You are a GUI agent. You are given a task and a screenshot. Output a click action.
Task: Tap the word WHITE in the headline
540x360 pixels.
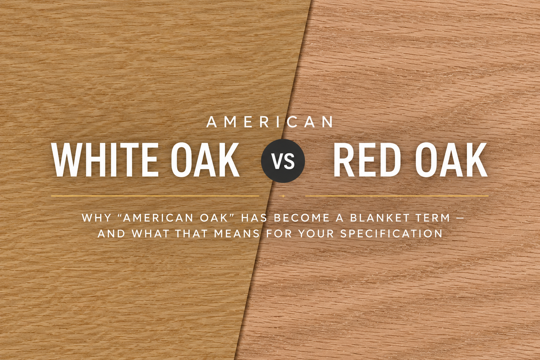pos(105,160)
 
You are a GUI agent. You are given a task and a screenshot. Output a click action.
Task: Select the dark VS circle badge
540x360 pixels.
pos(283,161)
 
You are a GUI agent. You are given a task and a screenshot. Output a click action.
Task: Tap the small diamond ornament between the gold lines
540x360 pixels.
pos(283,196)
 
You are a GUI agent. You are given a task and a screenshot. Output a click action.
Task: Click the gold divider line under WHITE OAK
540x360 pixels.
pos(155,196)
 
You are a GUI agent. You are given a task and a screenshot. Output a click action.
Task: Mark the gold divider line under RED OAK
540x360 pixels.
pos(397,196)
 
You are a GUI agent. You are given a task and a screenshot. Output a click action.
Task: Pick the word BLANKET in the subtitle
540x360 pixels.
pos(378,218)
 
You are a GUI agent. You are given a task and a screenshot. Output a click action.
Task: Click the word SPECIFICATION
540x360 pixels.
pos(391,234)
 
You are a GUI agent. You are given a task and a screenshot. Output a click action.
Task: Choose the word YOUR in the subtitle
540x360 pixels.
pos(316,234)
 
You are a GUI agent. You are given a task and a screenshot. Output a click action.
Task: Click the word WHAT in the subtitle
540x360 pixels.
pos(150,234)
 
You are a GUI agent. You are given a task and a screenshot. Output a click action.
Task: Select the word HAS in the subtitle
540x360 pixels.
pos(254,218)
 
